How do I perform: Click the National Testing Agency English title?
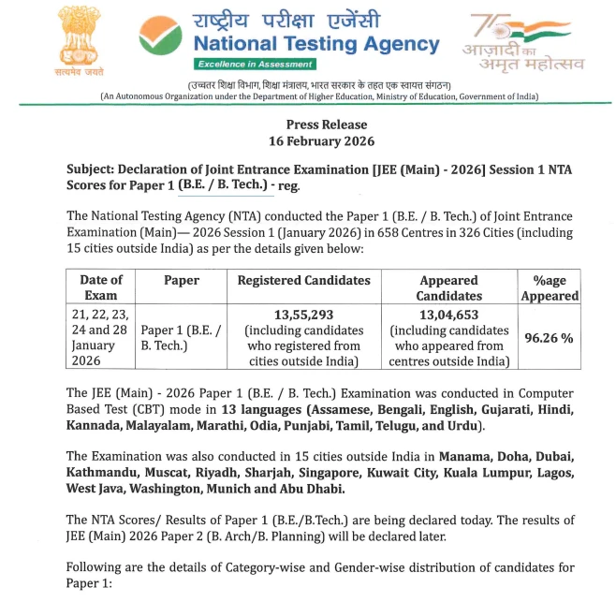(315, 43)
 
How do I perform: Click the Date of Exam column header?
(101, 287)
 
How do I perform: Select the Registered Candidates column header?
(303, 280)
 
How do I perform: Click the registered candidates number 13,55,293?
(303, 316)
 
